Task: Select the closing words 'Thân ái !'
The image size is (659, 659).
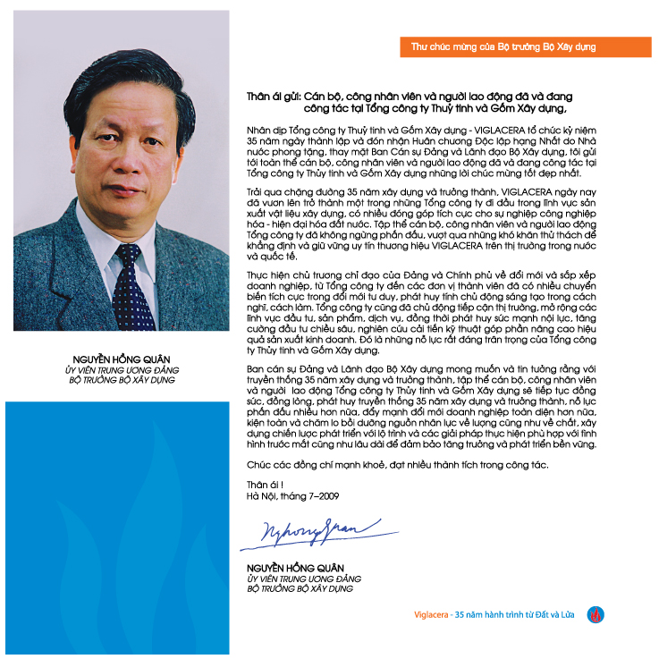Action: coord(263,485)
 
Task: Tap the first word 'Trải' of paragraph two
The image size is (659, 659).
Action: coord(257,191)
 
